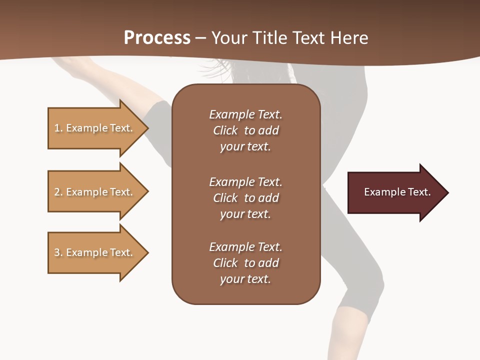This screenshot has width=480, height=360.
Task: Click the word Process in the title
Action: click(157, 38)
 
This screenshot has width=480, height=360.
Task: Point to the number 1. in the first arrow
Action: click(58, 128)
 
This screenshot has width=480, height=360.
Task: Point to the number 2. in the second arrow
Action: click(58, 192)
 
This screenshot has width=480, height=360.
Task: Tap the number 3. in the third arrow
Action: click(58, 252)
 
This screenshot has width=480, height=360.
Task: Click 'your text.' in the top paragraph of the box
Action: click(245, 147)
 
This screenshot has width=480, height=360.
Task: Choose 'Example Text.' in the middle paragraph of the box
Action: click(245, 182)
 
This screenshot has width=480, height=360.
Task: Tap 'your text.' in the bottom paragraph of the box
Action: click(245, 279)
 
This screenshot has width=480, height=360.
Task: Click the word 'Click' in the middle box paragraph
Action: click(225, 198)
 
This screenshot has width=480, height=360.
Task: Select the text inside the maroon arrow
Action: click(397, 192)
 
